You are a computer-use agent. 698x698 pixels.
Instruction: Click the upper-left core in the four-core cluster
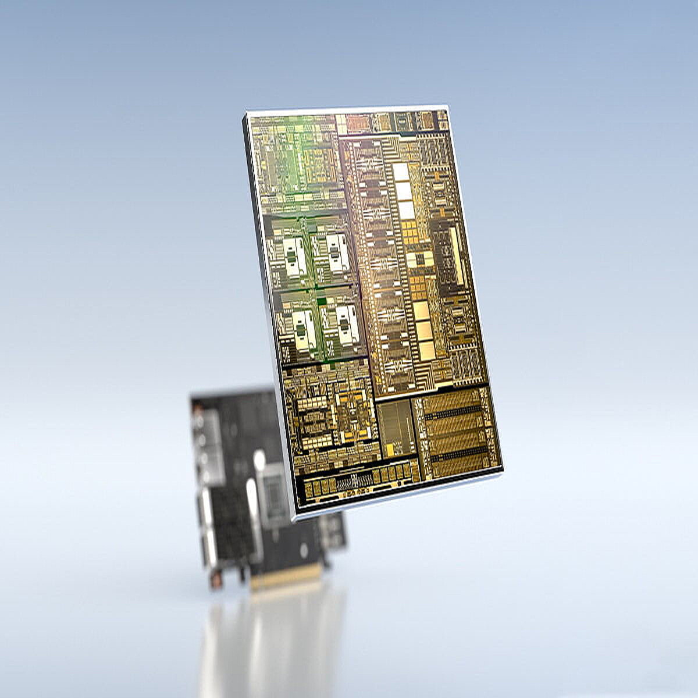pyautogui.click(x=293, y=257)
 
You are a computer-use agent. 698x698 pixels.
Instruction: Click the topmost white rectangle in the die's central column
pyautogui.click(x=401, y=172)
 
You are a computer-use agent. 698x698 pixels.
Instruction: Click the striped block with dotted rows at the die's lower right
pyautogui.click(x=457, y=431)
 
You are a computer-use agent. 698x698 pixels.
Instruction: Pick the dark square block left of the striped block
pyautogui.click(x=397, y=427)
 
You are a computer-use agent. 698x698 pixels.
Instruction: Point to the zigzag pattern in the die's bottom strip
pyautogui.click(x=355, y=480)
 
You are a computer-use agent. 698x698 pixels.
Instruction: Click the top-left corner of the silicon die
pyautogui.click(x=244, y=113)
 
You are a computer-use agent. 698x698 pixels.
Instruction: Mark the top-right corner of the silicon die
pyautogui.click(x=447, y=106)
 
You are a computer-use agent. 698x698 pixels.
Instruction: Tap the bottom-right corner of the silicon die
pyautogui.click(x=503, y=468)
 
